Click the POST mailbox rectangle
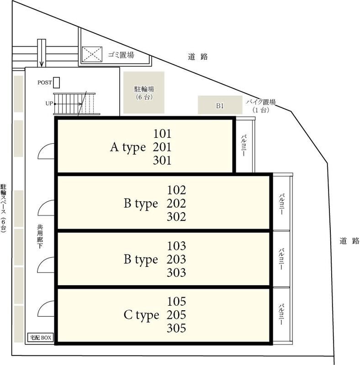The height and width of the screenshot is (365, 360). coord(56,83)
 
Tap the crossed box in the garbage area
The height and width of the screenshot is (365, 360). coord(92,54)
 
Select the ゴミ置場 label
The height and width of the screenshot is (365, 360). coord(121,55)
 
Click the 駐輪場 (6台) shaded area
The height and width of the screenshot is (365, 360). coord(144,93)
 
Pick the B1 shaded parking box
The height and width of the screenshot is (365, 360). coord(220,105)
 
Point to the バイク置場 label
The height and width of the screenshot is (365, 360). coord(261,102)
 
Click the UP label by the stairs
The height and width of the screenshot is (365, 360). coord(49,104)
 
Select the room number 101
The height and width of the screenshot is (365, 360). coord(162,134)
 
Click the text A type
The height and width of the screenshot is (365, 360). coord(128,147)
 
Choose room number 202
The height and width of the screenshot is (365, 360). coord(176,203)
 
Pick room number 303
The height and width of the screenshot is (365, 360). coord(176,272)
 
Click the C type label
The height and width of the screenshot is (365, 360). coord(141,315)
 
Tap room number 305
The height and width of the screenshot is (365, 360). coord(176,328)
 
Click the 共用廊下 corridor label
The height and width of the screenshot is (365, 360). coord(40,236)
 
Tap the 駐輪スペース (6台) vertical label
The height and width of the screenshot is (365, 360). coord(4,208)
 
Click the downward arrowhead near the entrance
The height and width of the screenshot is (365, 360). coord(42,64)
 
